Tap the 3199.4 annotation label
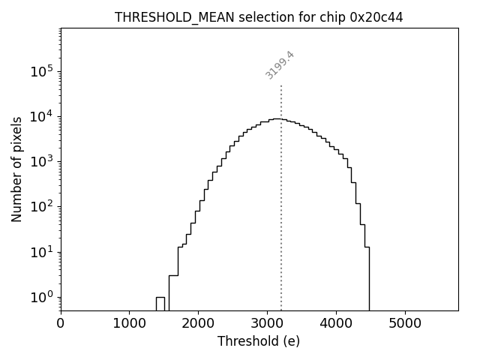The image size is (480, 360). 280,65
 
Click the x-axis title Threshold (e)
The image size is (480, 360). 259,341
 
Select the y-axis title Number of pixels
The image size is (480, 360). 16,169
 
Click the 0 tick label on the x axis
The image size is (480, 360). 61,324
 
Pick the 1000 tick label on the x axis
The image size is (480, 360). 130,324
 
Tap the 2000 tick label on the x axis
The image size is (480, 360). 199,324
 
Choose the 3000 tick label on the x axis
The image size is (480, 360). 268,324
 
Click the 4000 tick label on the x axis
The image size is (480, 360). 336,324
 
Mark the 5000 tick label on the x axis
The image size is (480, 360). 405,324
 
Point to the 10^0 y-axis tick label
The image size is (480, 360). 43,297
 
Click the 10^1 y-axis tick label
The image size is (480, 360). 43,252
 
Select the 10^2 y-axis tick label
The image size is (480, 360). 43,207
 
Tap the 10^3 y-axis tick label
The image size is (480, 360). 43,162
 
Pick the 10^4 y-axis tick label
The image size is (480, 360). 43,116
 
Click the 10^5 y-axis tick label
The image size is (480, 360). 43,71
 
